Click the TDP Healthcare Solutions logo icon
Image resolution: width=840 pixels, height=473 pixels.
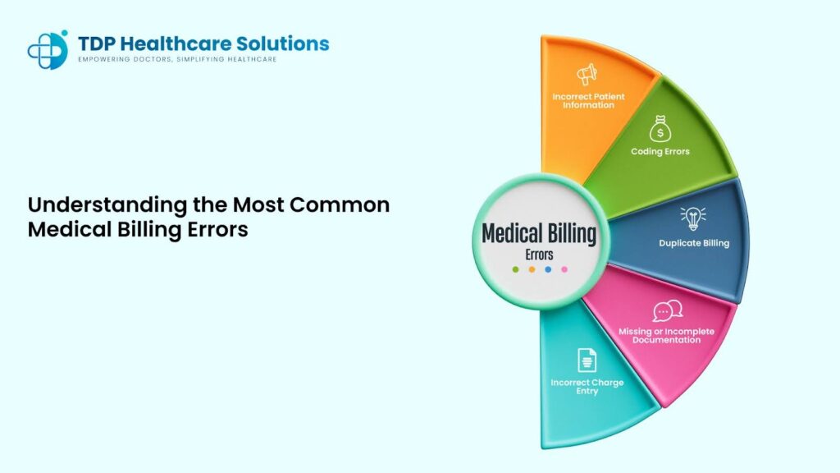[48, 49]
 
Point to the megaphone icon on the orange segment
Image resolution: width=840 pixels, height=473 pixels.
[587, 75]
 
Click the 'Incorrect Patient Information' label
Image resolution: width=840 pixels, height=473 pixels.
[588, 101]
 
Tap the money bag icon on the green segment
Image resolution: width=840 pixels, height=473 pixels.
[660, 129]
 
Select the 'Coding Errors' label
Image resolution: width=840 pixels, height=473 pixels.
[660, 151]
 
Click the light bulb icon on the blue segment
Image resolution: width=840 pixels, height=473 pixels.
[693, 218]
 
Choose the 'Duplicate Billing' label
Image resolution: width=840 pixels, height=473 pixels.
[694, 243]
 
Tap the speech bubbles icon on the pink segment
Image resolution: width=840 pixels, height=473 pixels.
[667, 311]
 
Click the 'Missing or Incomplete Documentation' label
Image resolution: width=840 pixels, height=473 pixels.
[667, 335]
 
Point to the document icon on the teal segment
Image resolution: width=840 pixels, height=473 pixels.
[587, 360]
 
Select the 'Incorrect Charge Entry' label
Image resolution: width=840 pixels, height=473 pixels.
[587, 387]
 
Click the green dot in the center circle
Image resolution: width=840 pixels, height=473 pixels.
[515, 269]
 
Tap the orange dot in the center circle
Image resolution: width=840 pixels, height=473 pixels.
[532, 269]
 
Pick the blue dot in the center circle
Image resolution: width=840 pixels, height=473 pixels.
[548, 269]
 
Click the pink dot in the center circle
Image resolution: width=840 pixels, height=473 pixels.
[564, 269]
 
